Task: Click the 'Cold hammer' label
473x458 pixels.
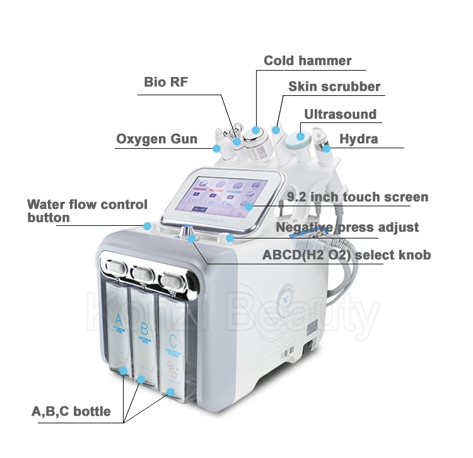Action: click(307, 61)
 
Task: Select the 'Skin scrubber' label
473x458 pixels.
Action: click(334, 87)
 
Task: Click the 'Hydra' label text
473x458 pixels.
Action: click(358, 139)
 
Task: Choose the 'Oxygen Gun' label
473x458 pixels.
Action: click(156, 139)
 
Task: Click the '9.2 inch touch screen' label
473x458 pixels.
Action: click(357, 197)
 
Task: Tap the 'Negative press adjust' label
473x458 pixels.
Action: click(347, 227)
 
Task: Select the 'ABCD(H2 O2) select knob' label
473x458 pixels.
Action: click(346, 255)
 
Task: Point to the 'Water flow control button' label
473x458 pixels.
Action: click(87, 211)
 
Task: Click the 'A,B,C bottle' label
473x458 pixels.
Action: click(71, 412)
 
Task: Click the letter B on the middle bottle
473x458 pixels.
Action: click(144, 328)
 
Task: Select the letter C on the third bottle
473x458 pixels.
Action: click(173, 341)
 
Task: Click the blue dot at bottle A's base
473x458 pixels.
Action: click(124, 371)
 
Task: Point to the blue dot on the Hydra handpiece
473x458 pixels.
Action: click(327, 149)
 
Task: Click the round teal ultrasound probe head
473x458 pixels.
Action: click(296, 138)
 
